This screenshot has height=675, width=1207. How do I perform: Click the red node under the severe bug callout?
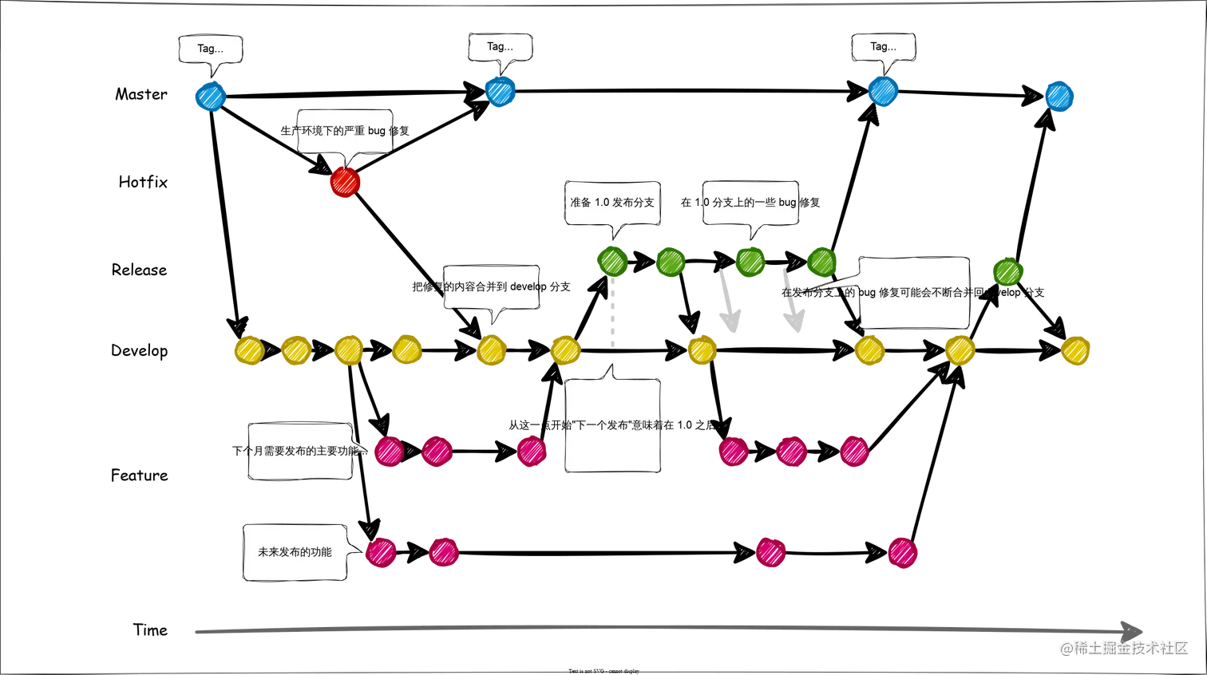click(x=345, y=184)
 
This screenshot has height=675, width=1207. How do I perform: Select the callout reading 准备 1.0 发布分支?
click(x=612, y=203)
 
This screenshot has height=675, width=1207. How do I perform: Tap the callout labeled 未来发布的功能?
click(x=295, y=552)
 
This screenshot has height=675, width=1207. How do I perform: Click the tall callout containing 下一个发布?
click(x=613, y=425)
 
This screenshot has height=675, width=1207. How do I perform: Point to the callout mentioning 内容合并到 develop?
click(x=493, y=287)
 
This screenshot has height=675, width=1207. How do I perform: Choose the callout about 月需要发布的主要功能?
click(x=300, y=451)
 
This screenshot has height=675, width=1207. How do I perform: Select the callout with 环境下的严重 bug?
click(x=346, y=130)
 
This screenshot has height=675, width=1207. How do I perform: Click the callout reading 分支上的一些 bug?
click(x=750, y=203)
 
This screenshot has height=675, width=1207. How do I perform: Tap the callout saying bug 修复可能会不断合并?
click(x=914, y=293)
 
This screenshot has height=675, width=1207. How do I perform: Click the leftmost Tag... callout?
click(x=211, y=49)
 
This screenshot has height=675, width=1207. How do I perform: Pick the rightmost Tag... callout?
click(x=883, y=47)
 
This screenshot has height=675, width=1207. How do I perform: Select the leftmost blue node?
click(x=210, y=97)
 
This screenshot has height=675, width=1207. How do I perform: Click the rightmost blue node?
click(x=1059, y=97)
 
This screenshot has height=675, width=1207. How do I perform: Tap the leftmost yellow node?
click(x=248, y=351)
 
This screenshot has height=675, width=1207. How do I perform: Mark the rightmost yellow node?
click(x=1076, y=351)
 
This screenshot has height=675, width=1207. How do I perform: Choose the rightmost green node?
click(x=1007, y=273)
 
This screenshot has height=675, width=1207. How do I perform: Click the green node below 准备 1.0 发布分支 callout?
click(x=612, y=262)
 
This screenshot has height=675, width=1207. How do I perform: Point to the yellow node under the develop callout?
click(x=492, y=351)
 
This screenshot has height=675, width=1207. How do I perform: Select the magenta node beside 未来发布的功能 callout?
click(x=381, y=553)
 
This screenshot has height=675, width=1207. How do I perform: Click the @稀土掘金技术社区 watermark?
click(x=1123, y=647)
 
